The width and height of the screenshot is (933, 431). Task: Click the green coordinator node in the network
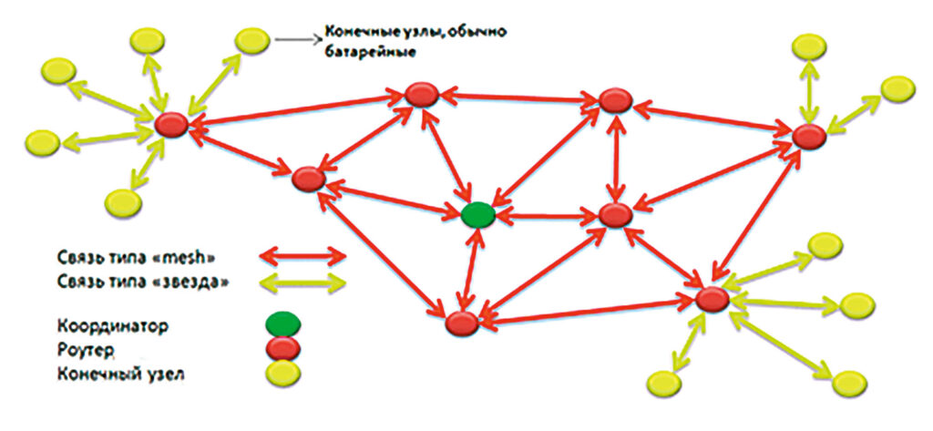(x=478, y=214)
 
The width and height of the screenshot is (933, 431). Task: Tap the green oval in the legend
(x=282, y=323)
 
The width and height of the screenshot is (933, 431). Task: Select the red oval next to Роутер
(x=282, y=348)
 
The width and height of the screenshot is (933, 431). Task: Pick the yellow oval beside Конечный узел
(x=282, y=374)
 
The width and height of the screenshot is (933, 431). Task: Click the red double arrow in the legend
(x=302, y=257)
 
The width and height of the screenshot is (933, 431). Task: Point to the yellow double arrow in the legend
(x=302, y=282)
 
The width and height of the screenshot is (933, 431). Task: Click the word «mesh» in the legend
(x=191, y=258)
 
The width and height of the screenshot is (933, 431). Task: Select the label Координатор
(x=114, y=326)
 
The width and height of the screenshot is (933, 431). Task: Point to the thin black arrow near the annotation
(x=299, y=40)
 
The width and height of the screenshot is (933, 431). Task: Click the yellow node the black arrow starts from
(x=252, y=40)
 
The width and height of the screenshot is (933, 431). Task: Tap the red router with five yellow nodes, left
(x=171, y=125)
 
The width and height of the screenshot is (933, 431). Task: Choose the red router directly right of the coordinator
(x=615, y=215)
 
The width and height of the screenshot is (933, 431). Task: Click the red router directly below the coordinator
(x=462, y=323)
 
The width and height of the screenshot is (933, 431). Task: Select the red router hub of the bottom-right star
(x=713, y=299)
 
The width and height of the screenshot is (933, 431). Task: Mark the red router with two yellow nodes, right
(x=809, y=137)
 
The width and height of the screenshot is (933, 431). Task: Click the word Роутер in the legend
(x=86, y=352)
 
